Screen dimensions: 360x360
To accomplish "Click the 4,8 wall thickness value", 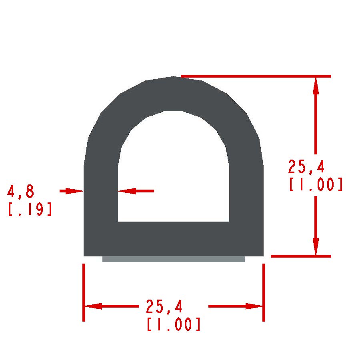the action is tap(21, 192).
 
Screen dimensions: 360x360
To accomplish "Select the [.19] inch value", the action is tap(30, 209).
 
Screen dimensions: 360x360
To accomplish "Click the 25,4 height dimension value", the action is tap(306, 167).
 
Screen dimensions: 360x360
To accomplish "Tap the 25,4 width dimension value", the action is tap(164, 307).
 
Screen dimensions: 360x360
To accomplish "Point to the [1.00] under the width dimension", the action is tap(173, 324).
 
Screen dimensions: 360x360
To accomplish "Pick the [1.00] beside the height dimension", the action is tap(316, 184).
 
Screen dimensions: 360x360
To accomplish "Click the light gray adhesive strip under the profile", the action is tap(174, 259).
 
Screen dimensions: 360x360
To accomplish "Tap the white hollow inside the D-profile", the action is tap(174, 174).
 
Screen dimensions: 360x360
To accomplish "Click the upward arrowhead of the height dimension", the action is tap(316, 86).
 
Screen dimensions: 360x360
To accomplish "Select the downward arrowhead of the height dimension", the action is tap(316, 246).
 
